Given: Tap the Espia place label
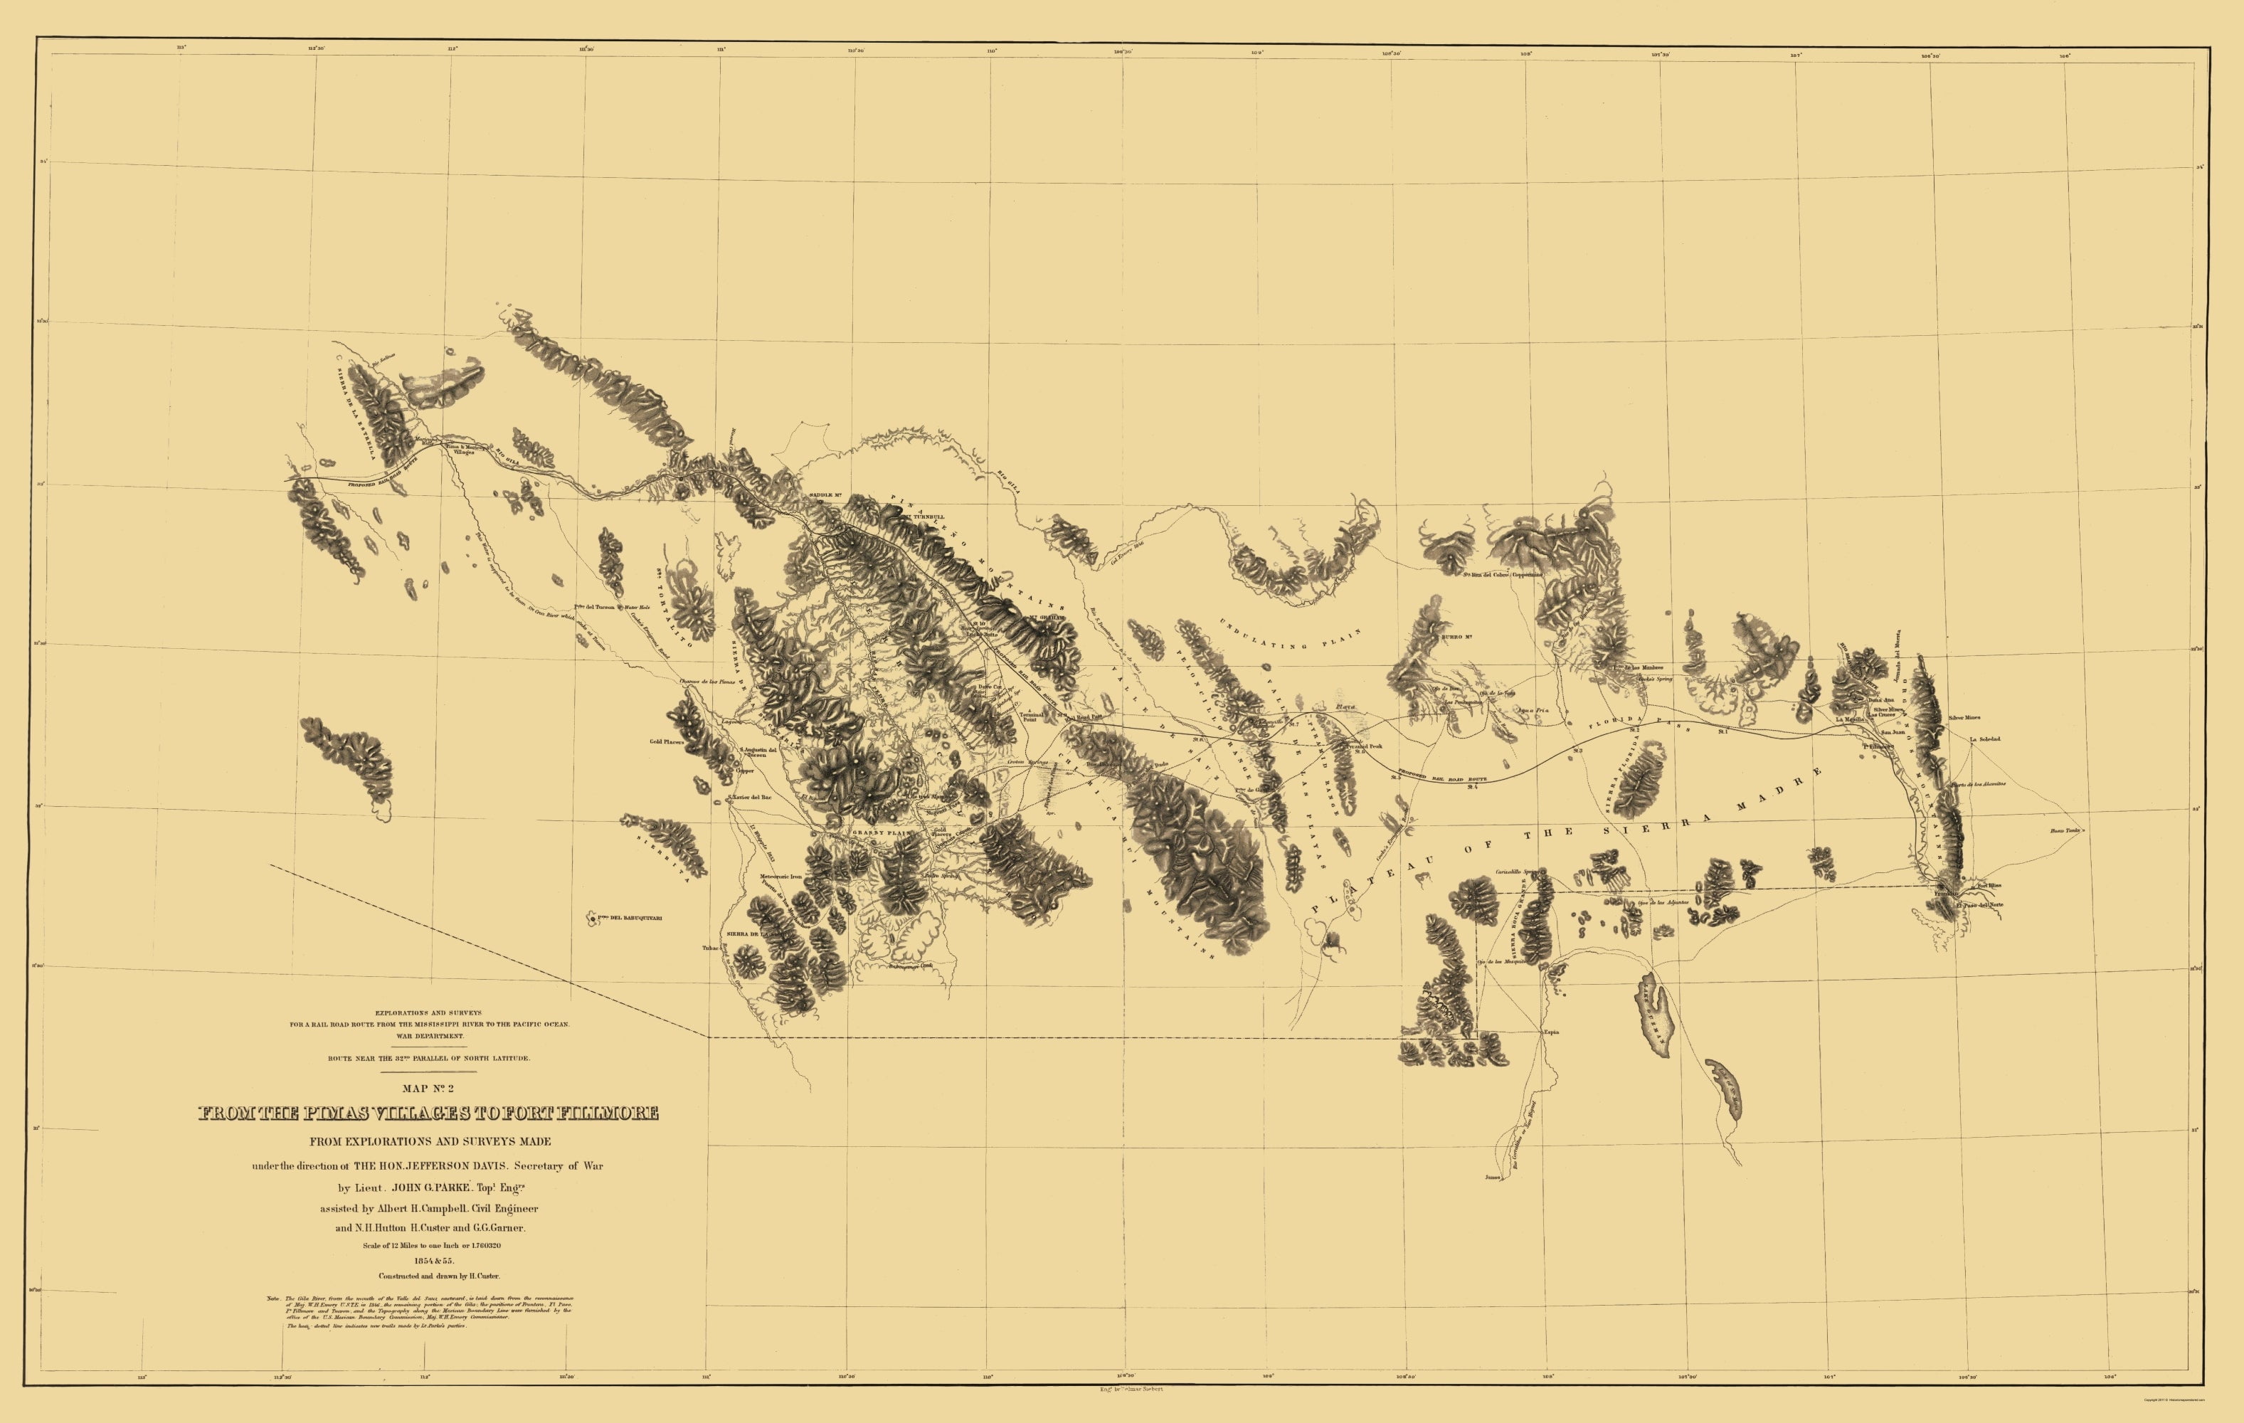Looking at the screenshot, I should point(1551,1032).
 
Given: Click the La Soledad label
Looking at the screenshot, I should point(1985,739).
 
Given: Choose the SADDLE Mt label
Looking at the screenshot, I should point(825,494).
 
